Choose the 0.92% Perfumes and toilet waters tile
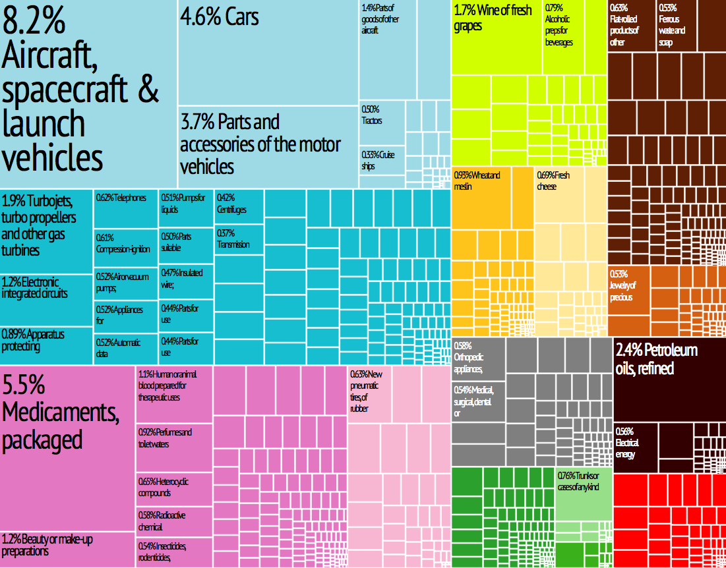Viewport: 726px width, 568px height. click(x=174, y=448)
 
